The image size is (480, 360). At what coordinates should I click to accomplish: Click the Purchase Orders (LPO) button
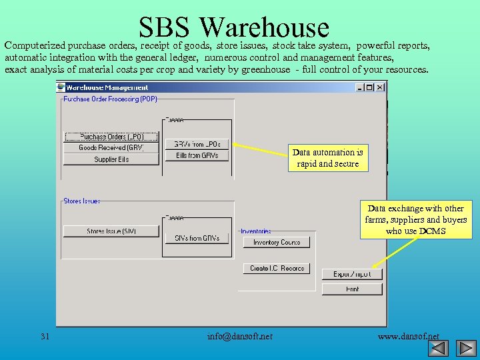[x=111, y=137]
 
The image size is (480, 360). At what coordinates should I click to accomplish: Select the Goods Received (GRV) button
[x=111, y=148]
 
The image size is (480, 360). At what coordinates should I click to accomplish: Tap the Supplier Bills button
[x=111, y=159]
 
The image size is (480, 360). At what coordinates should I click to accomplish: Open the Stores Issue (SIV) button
[x=111, y=231]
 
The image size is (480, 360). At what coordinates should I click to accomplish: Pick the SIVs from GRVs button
[x=197, y=238]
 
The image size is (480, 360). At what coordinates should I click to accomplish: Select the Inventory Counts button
[x=276, y=243]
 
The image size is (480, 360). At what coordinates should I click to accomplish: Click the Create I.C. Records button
[x=276, y=268]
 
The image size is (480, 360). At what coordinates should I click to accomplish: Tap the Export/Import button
[x=352, y=274]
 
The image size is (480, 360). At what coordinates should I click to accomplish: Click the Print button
[x=352, y=289]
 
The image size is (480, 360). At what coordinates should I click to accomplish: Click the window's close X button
[x=380, y=87]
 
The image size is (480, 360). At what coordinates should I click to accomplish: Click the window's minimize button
[x=361, y=87]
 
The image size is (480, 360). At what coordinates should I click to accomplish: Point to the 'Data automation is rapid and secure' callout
[x=328, y=158]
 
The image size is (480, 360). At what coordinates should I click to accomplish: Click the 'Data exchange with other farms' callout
[x=416, y=219]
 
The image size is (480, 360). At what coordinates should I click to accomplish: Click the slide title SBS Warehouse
[x=234, y=27]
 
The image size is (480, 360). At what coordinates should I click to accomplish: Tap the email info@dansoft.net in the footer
[x=240, y=336]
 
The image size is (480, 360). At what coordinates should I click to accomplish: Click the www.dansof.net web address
[x=408, y=336]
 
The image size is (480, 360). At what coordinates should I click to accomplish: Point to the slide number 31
[x=45, y=336]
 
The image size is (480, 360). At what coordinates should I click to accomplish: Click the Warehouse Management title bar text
[x=107, y=87]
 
